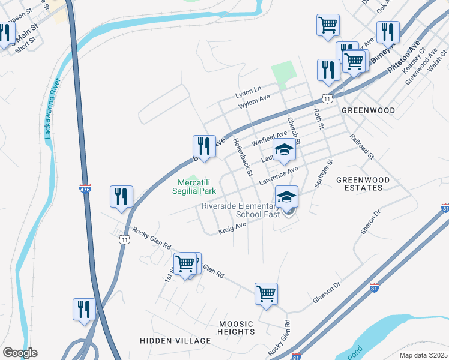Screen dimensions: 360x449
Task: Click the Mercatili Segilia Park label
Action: pos(196,187)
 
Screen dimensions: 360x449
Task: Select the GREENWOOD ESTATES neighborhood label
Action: pos(363,184)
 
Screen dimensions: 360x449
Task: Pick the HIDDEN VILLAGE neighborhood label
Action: pos(167,340)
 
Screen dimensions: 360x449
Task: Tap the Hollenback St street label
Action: pos(242,157)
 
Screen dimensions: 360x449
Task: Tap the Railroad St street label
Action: pos(361,146)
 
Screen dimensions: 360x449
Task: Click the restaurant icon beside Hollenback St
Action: pos(204,146)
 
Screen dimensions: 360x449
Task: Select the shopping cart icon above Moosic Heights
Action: pos(266,293)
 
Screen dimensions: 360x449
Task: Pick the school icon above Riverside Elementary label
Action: pos(286,196)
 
